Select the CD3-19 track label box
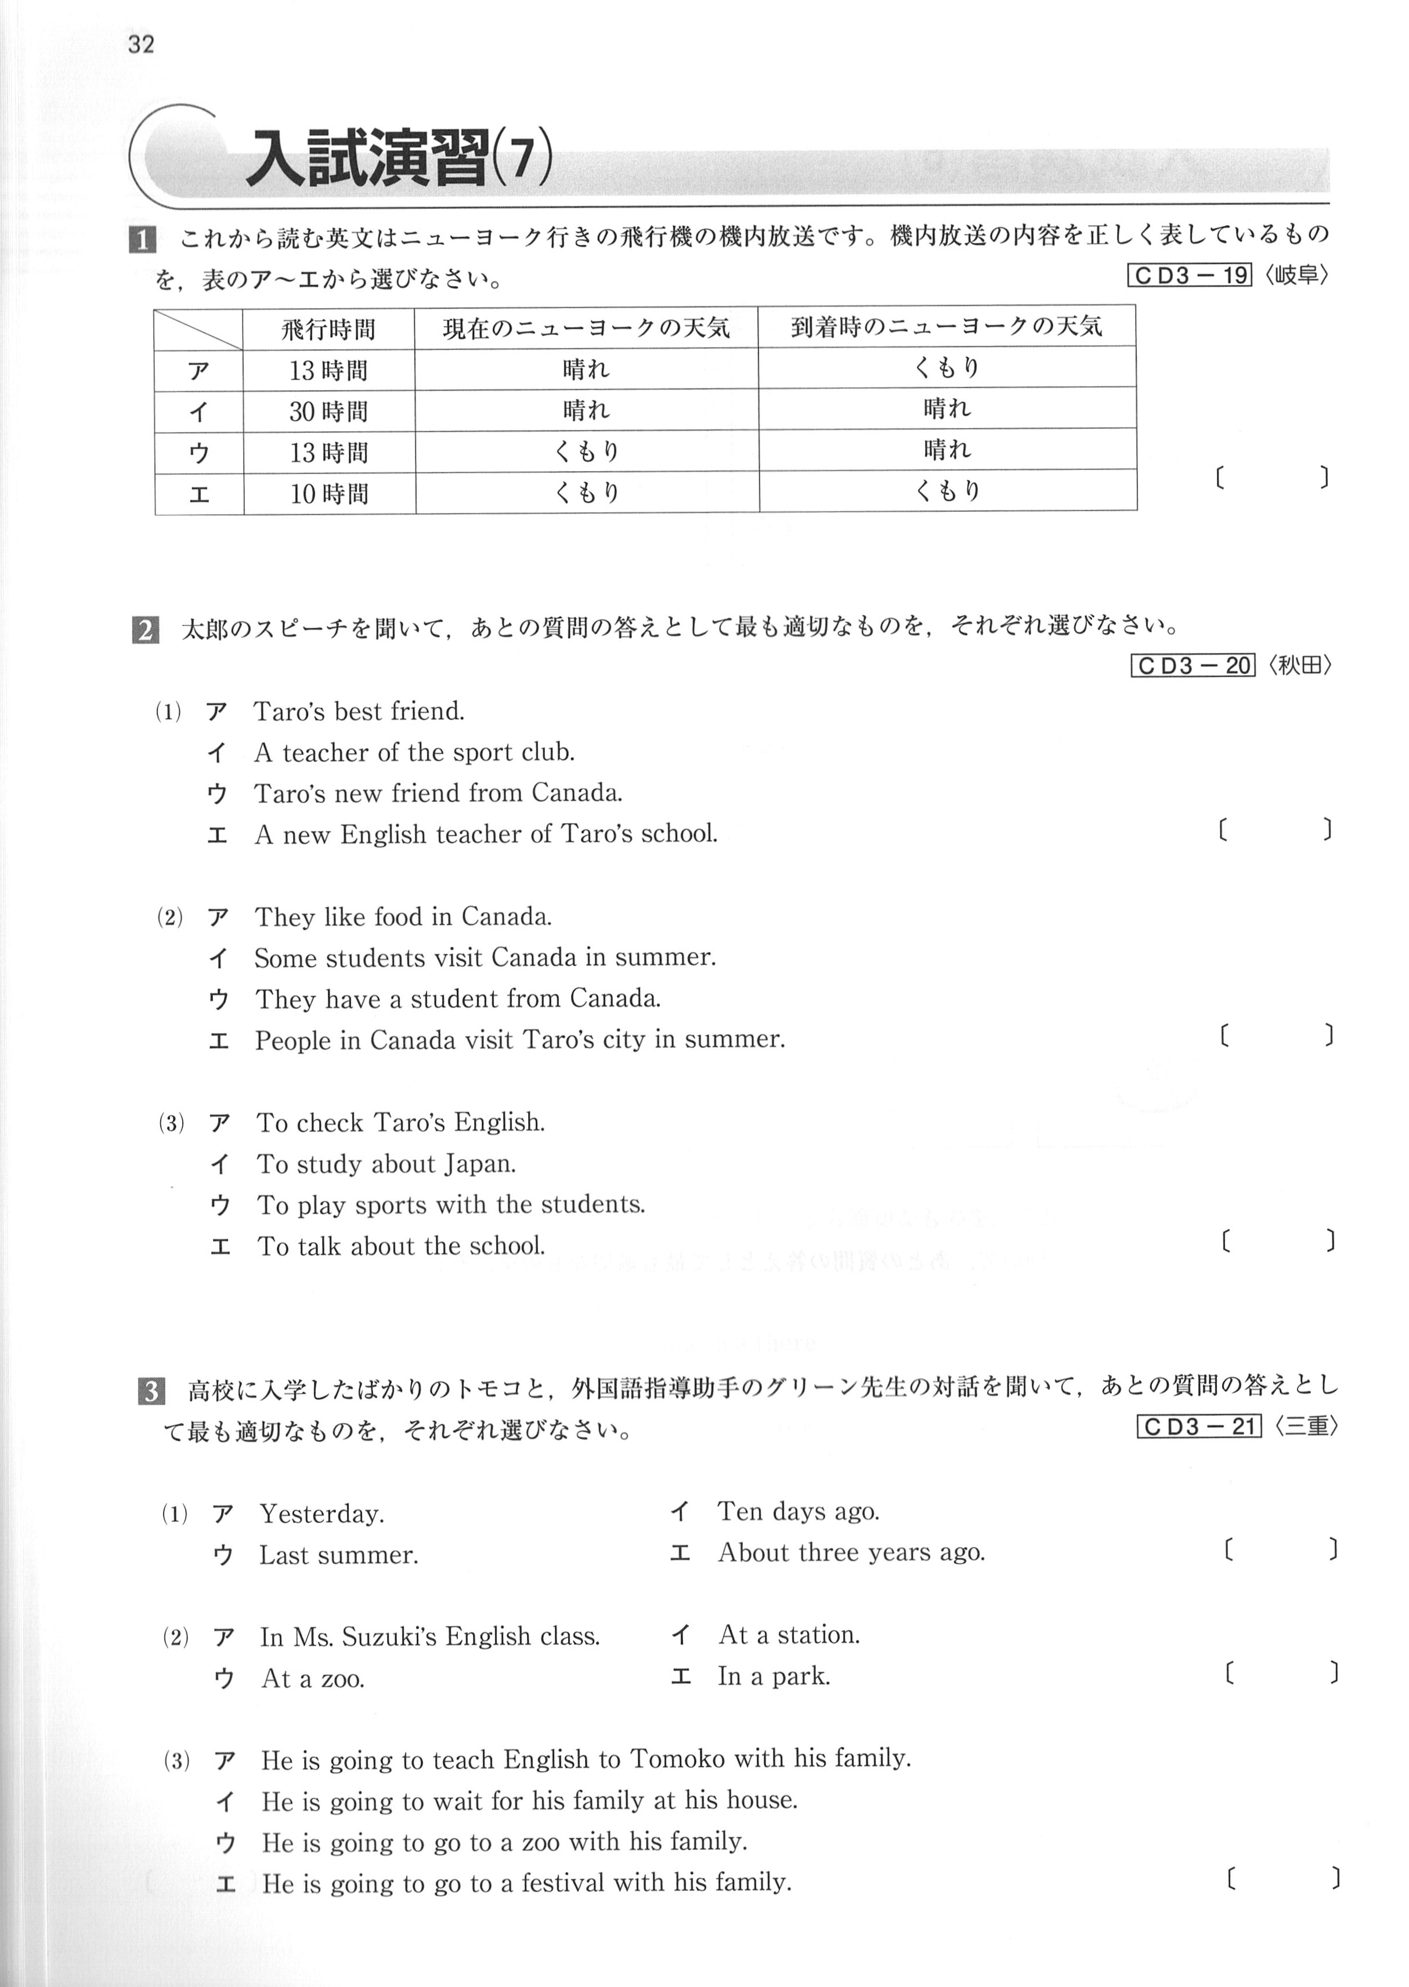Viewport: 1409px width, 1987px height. (x=1190, y=276)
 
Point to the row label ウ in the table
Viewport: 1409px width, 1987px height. (x=198, y=453)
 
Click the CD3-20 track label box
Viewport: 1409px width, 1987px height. (x=1193, y=665)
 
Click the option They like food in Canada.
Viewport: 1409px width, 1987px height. (x=403, y=917)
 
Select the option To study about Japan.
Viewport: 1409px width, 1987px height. (x=386, y=1164)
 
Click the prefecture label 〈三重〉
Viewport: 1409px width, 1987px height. (x=1306, y=1427)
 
